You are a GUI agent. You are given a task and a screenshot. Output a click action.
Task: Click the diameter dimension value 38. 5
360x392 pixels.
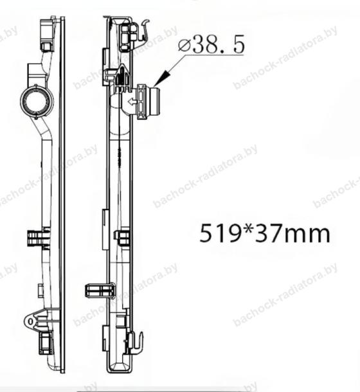pos(219,45)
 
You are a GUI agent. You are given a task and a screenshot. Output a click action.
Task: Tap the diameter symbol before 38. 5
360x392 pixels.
pos(184,45)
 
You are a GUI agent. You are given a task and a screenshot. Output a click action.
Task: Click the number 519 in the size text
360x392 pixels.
pos(218,233)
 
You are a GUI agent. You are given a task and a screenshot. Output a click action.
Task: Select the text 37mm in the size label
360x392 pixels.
pos(292,234)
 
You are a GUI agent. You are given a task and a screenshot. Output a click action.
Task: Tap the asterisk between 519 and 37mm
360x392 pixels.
pos(246,229)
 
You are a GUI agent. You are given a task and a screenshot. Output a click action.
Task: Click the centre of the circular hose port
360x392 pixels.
pos(37,102)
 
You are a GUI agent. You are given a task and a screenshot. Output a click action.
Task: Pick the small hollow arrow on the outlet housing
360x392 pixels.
pos(131,102)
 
